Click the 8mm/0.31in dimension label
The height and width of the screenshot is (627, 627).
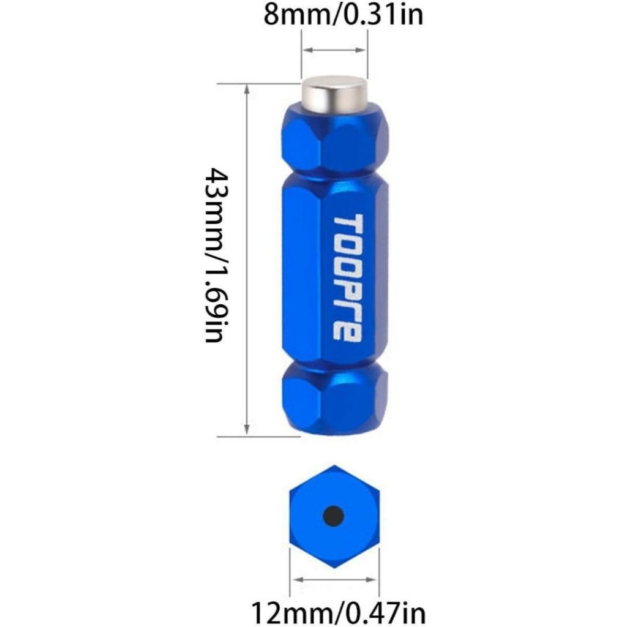(343, 14)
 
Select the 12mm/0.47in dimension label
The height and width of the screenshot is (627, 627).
(338, 612)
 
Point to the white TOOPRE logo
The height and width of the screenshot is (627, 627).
(347, 278)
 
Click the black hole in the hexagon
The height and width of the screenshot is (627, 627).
(333, 516)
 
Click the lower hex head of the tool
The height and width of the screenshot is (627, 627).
(335, 398)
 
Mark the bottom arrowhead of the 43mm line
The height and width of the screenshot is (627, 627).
(247, 432)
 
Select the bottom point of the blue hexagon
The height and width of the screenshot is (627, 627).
(334, 567)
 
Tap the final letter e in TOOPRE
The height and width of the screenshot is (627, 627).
(347, 331)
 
